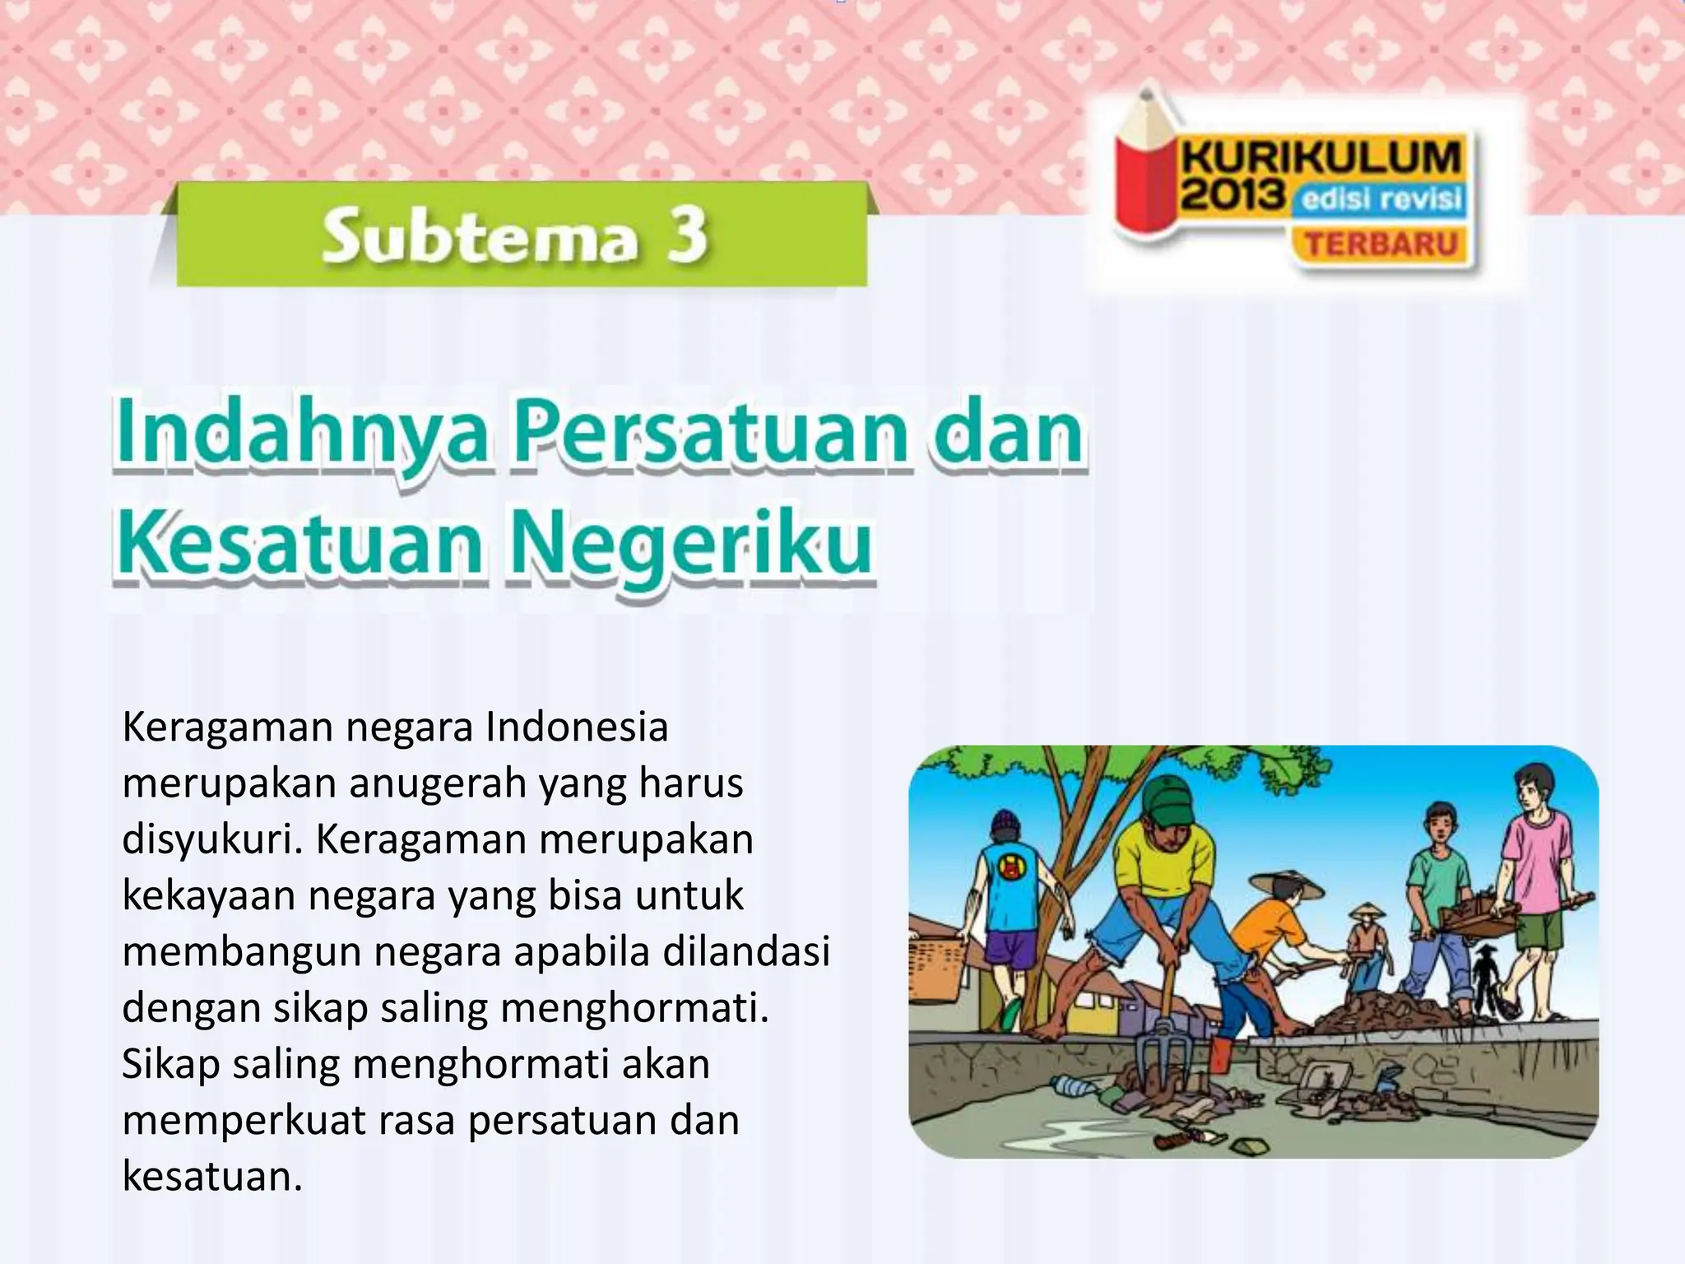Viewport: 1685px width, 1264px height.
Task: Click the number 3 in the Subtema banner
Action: tap(683, 235)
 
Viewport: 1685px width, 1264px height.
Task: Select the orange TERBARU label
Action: tap(1381, 244)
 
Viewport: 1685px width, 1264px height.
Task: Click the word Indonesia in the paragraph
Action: tap(577, 727)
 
